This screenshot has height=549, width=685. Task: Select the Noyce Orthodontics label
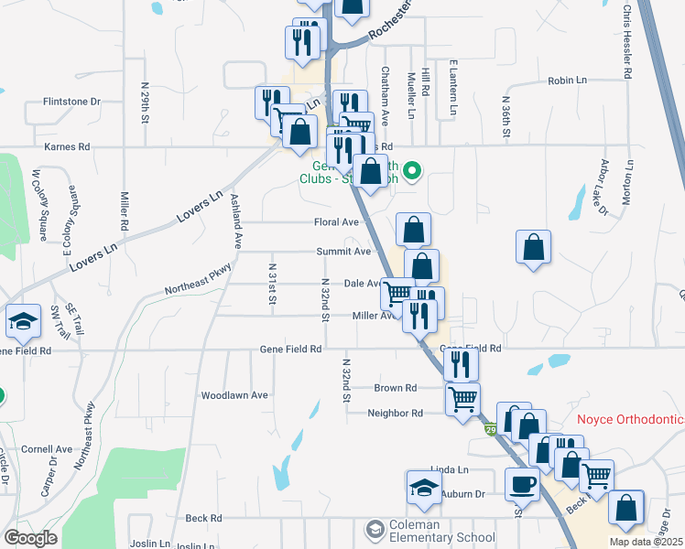(631, 419)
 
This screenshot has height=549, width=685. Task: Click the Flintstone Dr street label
(70, 102)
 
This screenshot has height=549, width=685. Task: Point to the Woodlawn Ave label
(234, 395)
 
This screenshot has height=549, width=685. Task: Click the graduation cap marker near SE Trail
(23, 322)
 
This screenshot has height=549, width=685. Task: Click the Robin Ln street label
(567, 81)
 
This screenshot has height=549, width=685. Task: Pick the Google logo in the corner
(30, 537)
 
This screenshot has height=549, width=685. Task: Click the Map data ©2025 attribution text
(646, 542)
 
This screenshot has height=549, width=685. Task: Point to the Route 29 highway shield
(491, 429)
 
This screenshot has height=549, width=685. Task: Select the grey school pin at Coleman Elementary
(375, 530)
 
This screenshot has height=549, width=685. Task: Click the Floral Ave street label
(337, 222)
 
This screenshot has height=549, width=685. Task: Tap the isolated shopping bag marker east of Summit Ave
(533, 247)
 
